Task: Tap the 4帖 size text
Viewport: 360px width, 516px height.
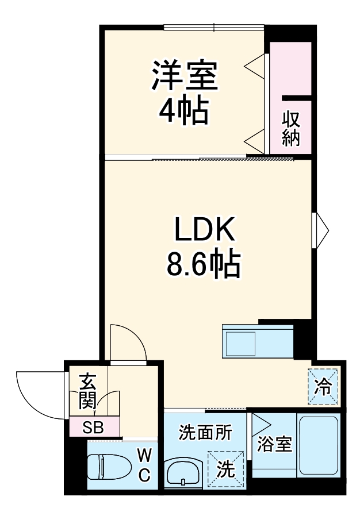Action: pyautogui.click(x=183, y=111)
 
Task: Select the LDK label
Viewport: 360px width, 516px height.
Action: pyautogui.click(x=204, y=232)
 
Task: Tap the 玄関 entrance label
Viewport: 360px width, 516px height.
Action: pyautogui.click(x=87, y=390)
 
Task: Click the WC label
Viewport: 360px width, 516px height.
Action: pyautogui.click(x=144, y=465)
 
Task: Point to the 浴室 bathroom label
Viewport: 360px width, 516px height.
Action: pyautogui.click(x=274, y=443)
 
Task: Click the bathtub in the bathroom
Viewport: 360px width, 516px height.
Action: pyautogui.click(x=319, y=444)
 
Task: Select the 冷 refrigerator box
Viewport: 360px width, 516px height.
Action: pyautogui.click(x=323, y=386)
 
